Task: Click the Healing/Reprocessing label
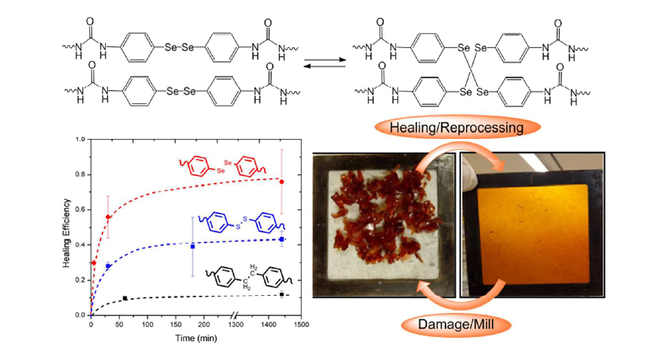[456, 127]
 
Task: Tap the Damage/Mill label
[456, 324]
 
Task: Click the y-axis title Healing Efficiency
[66, 233]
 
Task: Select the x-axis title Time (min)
[196, 338]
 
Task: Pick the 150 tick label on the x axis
[176, 324]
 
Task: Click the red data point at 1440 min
[282, 182]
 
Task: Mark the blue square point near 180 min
[193, 247]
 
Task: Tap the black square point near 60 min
[125, 298]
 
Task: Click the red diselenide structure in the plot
[224, 167]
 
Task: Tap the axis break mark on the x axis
[235, 315]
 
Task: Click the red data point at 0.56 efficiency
[108, 217]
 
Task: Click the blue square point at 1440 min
[282, 239]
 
